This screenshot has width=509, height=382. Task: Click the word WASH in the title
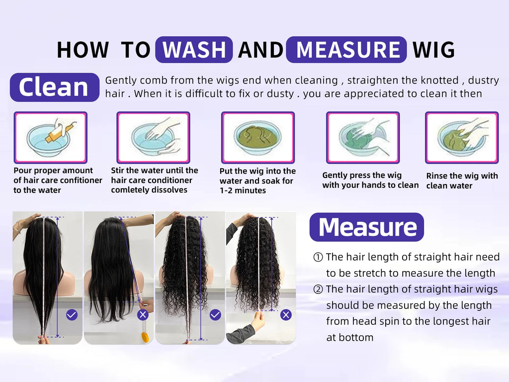(194, 50)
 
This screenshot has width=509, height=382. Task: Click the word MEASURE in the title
(346, 50)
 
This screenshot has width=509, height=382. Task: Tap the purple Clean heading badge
(54, 88)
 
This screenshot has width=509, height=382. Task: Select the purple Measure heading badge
(367, 227)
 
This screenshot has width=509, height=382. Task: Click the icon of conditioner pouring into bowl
(51, 137)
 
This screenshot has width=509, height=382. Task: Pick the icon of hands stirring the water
(153, 137)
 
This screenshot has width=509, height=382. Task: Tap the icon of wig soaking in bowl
(257, 137)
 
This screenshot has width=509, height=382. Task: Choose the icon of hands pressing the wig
(362, 137)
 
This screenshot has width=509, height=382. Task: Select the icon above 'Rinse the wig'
(461, 137)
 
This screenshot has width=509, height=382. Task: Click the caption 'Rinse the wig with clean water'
(462, 181)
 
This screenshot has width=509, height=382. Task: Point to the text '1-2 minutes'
(243, 191)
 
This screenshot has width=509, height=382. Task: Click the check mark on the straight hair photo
(72, 314)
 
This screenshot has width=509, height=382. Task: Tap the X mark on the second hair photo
(143, 314)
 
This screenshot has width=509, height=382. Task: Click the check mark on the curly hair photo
(215, 314)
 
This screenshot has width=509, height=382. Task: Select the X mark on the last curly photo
(286, 314)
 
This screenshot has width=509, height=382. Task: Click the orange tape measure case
(145, 337)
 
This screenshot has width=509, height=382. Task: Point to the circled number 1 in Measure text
(318, 257)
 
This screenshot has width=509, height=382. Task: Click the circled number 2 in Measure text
(318, 289)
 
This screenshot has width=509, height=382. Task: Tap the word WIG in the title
(433, 50)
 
